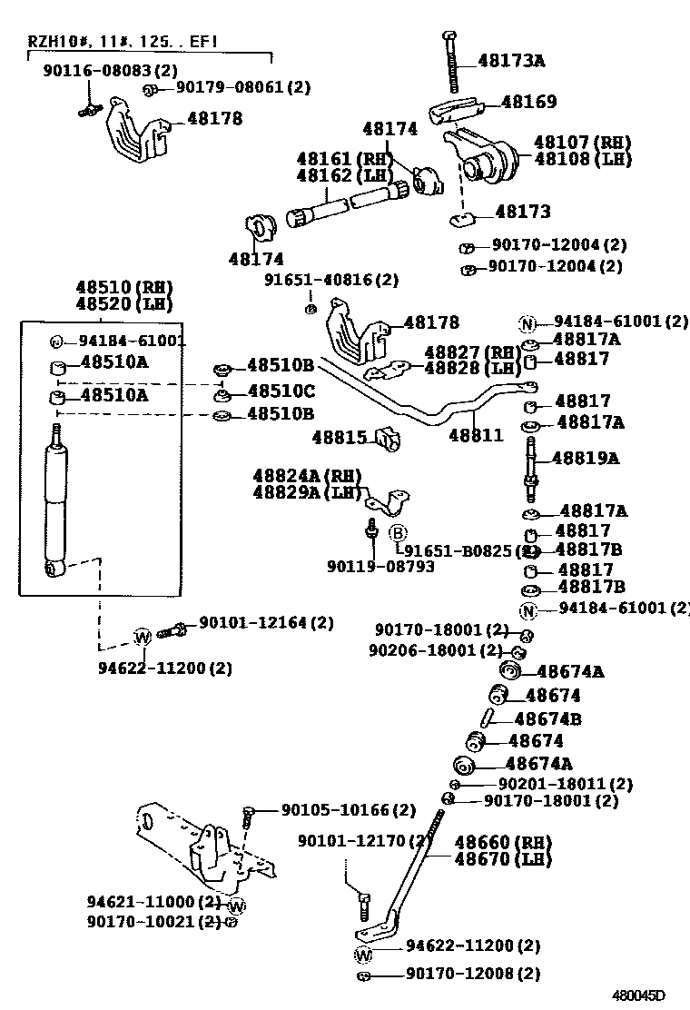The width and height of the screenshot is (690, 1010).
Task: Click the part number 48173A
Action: pos(511,62)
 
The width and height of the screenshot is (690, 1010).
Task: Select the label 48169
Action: pos(528,103)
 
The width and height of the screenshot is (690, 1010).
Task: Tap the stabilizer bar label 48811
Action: pos(476,435)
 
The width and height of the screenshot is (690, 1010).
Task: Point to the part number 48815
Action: pos(339,438)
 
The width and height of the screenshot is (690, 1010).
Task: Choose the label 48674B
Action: pos(547,718)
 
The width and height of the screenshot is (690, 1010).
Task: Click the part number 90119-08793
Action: pos(380,567)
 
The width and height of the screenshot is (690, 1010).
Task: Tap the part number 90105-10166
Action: pos(348,809)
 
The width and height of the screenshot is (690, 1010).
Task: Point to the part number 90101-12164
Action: pos(266,623)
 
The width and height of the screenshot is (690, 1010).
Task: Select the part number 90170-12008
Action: pos(472,974)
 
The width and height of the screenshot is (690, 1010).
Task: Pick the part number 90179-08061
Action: pos(242,87)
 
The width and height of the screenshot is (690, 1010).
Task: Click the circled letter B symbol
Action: pos(398,532)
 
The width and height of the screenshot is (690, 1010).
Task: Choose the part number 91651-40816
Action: pos(331,280)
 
